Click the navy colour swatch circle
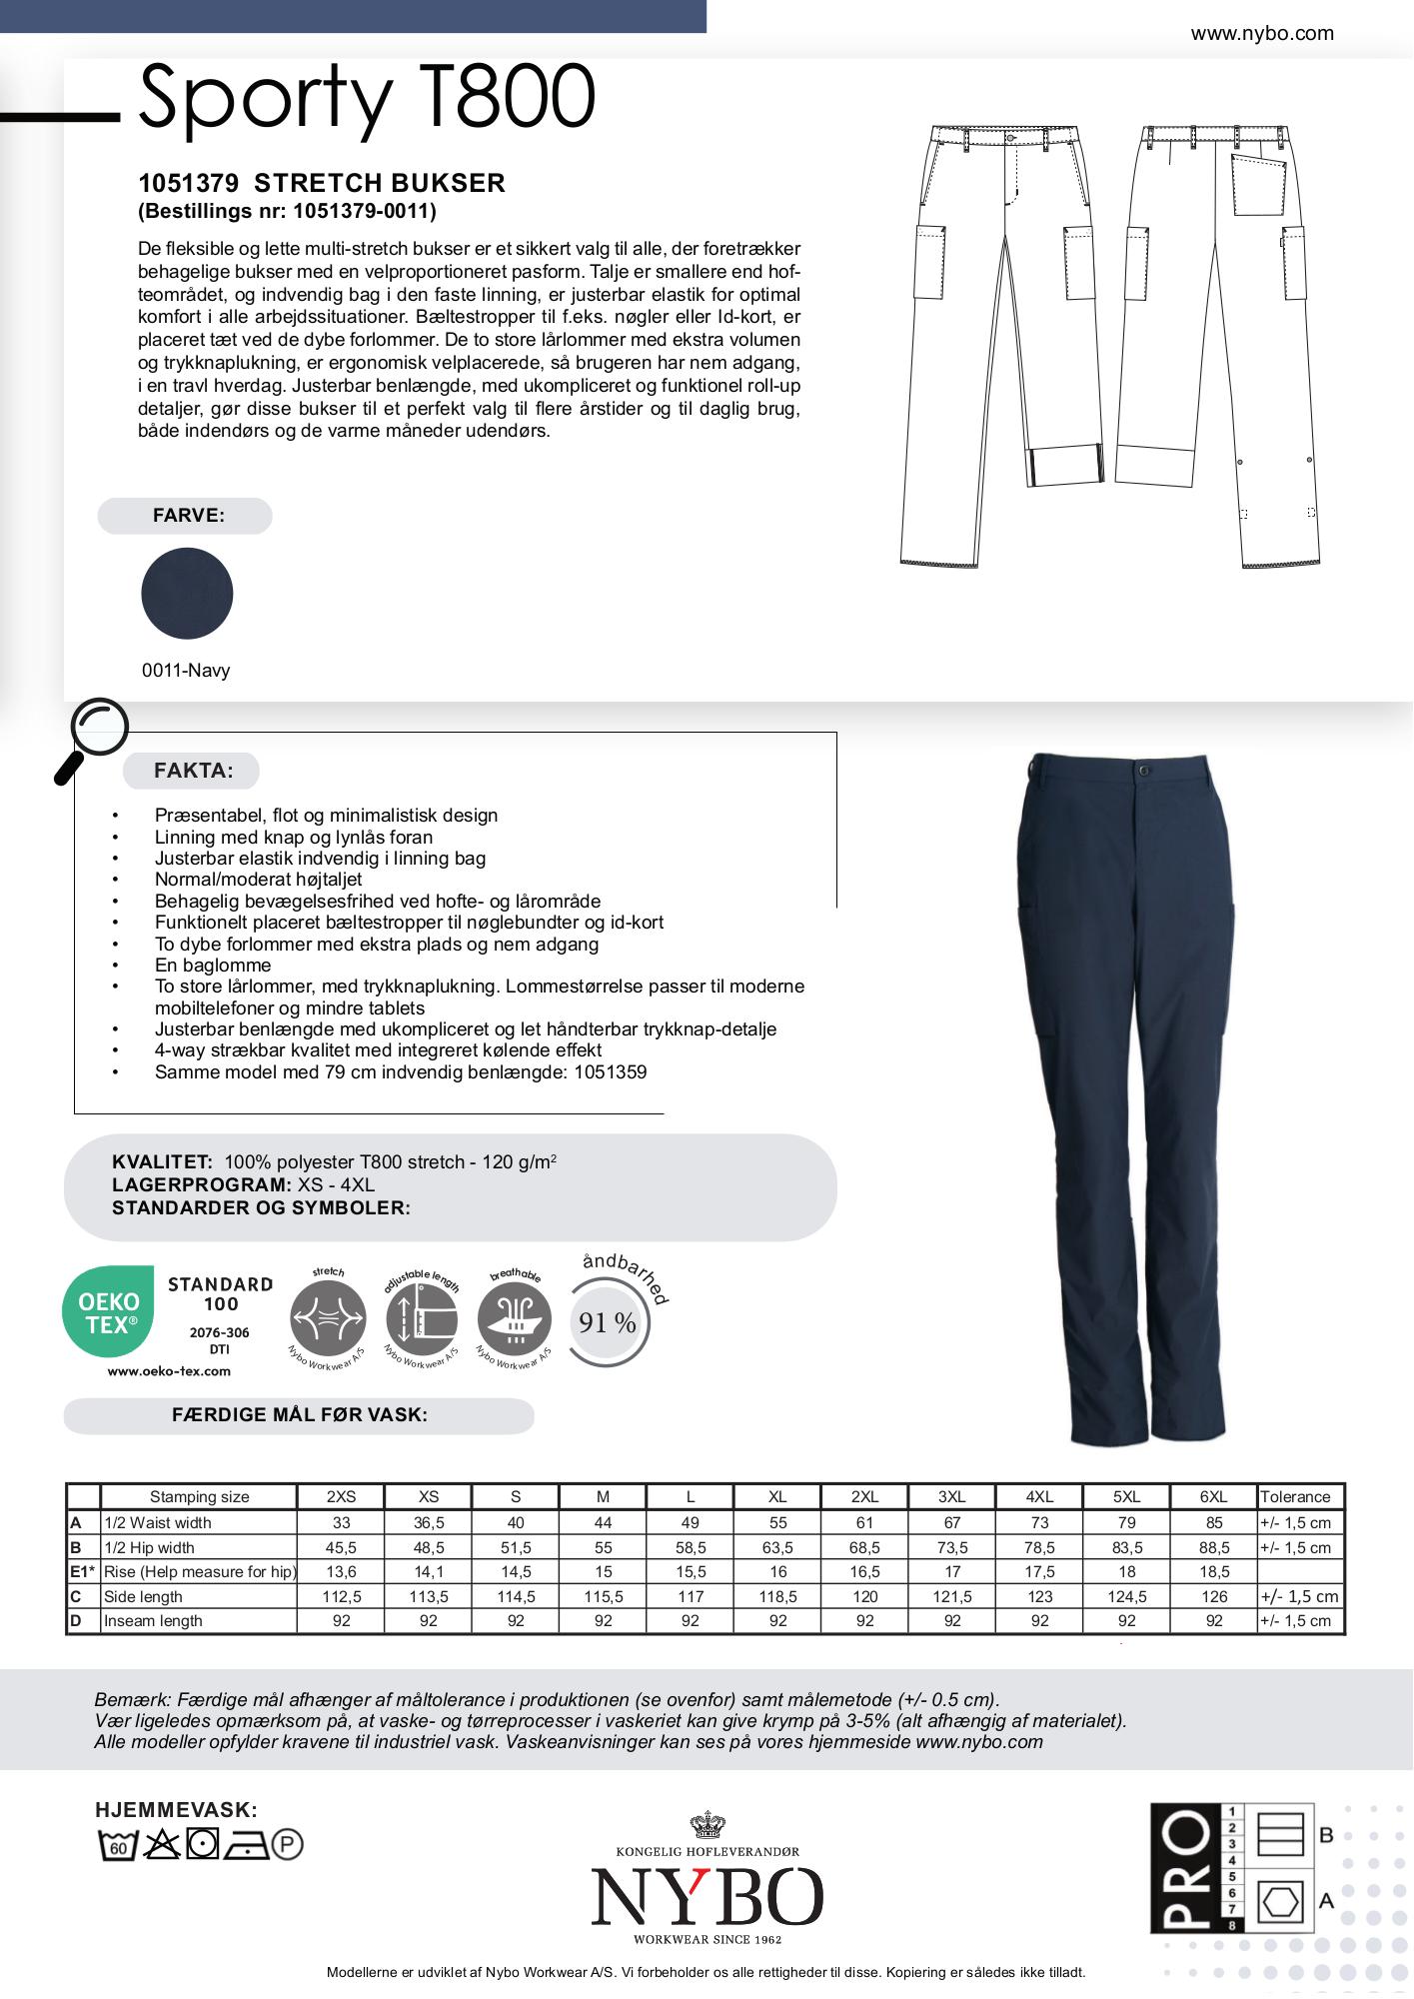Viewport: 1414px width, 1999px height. coord(187,593)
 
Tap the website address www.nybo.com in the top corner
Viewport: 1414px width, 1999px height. coord(1261,33)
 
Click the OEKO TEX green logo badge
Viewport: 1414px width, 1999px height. coord(108,1311)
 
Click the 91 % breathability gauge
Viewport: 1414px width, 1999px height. coord(608,1322)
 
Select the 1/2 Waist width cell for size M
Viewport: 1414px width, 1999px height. coord(603,1522)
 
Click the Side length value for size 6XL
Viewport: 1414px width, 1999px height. coord(1213,1596)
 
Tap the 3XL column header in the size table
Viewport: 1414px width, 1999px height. coord(951,1496)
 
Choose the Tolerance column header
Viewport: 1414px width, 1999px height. coord(1295,1496)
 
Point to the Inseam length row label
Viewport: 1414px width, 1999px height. coord(153,1620)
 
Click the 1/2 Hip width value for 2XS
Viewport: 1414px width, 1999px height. coord(341,1547)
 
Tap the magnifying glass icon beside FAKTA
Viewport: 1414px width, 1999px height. coord(92,738)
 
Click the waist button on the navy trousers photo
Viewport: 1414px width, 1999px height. coord(1142,771)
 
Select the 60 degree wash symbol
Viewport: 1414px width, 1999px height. coord(117,1844)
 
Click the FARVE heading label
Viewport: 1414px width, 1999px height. coord(188,516)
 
